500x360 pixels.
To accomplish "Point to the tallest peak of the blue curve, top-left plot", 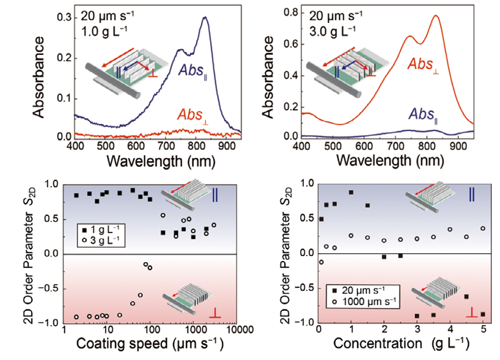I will (x=205, y=18).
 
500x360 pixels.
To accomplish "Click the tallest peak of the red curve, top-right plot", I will (x=436, y=16).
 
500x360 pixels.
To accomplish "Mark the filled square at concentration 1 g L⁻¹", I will (x=351, y=192).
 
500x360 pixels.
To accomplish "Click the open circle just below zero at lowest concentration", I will (x=321, y=262).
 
